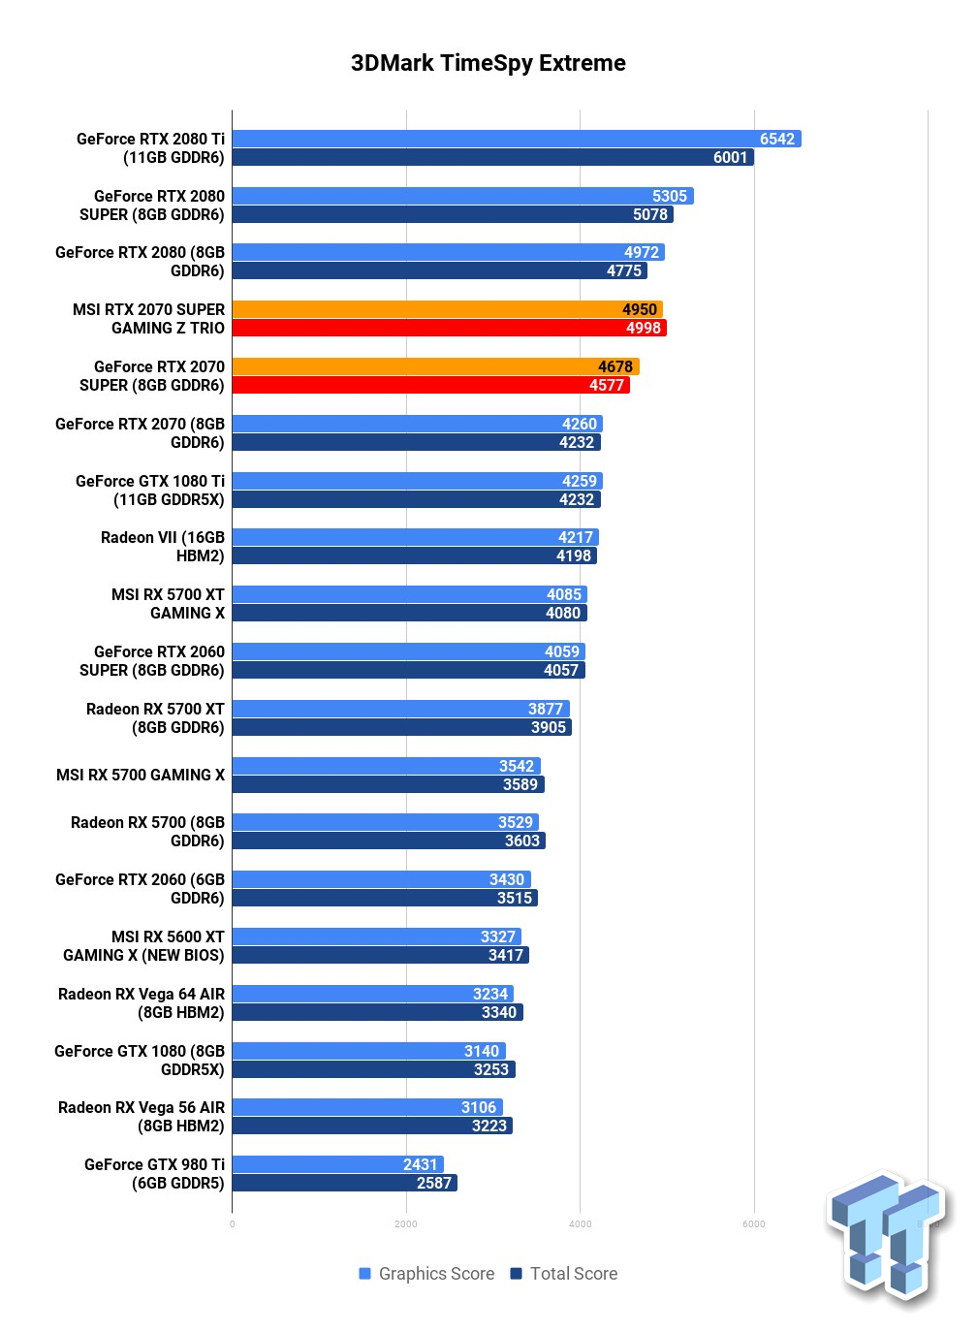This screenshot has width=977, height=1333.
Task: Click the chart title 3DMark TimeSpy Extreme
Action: point(488,63)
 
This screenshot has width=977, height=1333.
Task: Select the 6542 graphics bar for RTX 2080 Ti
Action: point(517,139)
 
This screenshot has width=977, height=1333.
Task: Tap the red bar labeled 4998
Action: point(449,328)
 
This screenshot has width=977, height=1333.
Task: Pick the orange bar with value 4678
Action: point(435,366)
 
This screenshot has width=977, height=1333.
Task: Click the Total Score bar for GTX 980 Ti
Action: point(344,1183)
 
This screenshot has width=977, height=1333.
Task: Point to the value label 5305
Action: point(670,196)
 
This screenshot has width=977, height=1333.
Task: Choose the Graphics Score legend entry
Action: point(426,1274)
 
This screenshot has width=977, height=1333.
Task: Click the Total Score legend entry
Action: point(563,1274)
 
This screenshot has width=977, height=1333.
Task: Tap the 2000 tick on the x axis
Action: point(406,1224)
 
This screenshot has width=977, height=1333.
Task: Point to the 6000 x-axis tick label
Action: point(753,1224)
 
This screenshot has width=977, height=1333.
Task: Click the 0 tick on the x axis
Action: point(232,1224)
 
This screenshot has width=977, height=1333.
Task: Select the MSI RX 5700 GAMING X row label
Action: point(141,775)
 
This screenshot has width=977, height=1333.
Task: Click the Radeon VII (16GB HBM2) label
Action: point(163,547)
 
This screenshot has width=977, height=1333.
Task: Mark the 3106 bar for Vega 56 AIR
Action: point(367,1107)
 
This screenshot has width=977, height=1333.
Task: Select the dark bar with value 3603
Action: point(389,841)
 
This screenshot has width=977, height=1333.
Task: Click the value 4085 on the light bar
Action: point(563,594)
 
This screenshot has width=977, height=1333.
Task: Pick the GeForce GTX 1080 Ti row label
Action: point(150,491)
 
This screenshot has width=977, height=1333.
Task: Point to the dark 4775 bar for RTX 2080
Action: point(440,270)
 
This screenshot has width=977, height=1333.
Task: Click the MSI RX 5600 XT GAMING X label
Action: point(143,946)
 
